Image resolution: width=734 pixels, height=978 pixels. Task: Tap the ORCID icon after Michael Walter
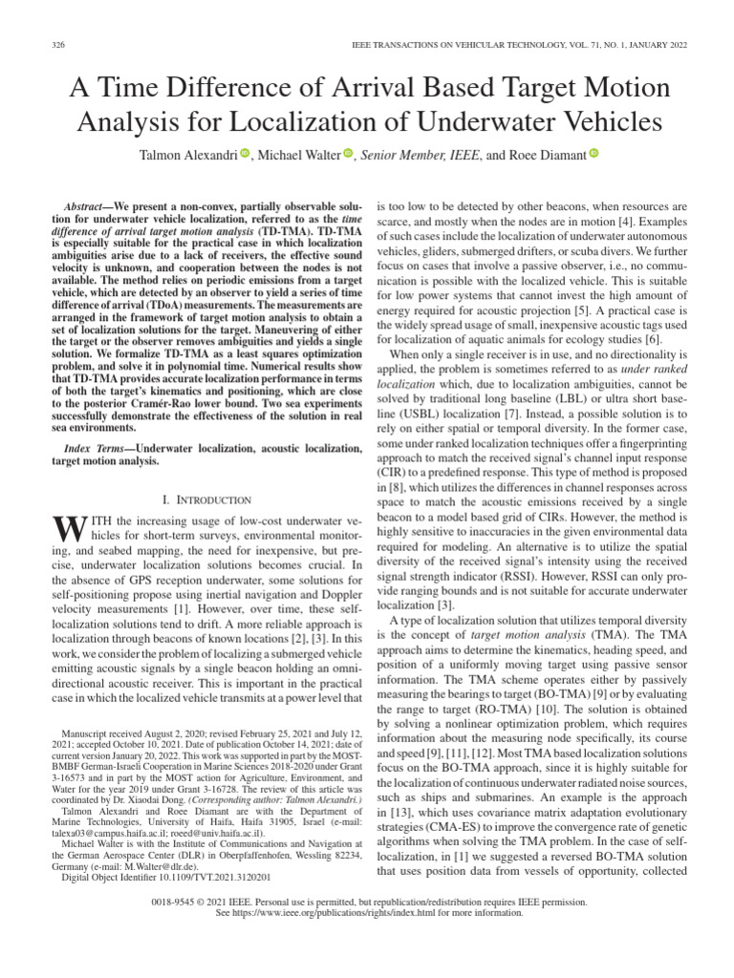coord(348,153)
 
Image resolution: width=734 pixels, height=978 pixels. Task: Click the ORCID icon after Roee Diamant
coord(594,153)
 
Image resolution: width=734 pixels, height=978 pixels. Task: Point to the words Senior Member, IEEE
coord(404,154)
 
